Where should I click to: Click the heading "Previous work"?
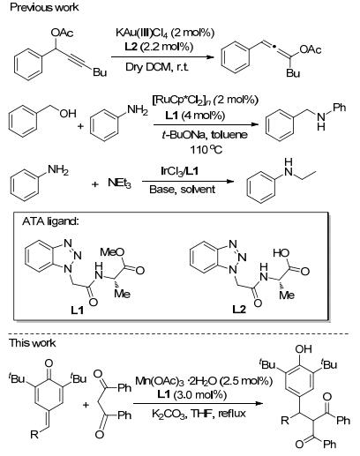tap(44, 7)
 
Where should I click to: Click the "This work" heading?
tap(32, 343)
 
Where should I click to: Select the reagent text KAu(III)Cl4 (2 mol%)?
tap(165, 33)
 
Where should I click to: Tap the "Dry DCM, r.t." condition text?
tap(157, 67)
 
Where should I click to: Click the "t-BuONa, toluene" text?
tap(205, 135)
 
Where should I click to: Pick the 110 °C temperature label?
tap(206, 150)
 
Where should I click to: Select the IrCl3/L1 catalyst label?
tap(179, 170)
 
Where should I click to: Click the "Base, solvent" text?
tap(182, 189)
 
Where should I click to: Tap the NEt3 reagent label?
tap(119, 183)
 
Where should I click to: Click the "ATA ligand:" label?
tap(50, 221)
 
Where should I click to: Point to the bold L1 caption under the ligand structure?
tap(78, 310)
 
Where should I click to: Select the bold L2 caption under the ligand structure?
tap(239, 310)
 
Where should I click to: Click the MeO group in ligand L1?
tap(112, 252)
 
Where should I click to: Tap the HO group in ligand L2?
tap(281, 253)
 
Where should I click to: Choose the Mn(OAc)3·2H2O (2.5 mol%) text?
tap(204, 381)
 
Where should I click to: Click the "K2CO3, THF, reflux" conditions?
tap(199, 414)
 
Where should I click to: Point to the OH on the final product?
tap(304, 349)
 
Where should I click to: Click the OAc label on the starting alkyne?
tap(62, 33)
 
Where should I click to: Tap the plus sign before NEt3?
tap(94, 184)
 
